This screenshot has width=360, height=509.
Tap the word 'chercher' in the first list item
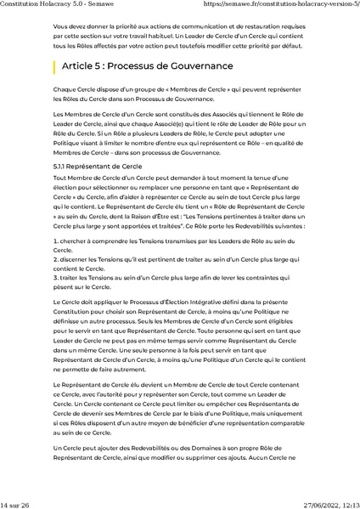pos(75,244)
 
